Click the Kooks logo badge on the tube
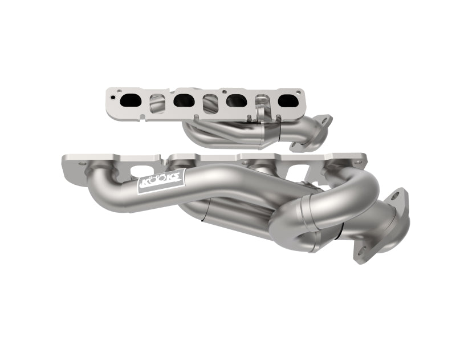tap(160, 184)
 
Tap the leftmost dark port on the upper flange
tap(130, 100)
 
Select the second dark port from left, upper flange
tap(184, 100)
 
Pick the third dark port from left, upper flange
tap(236, 101)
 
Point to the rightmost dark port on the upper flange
tap(287, 100)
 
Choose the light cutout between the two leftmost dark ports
tap(157, 103)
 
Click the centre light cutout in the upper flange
tap(210, 103)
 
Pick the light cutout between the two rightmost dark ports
tap(262, 103)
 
